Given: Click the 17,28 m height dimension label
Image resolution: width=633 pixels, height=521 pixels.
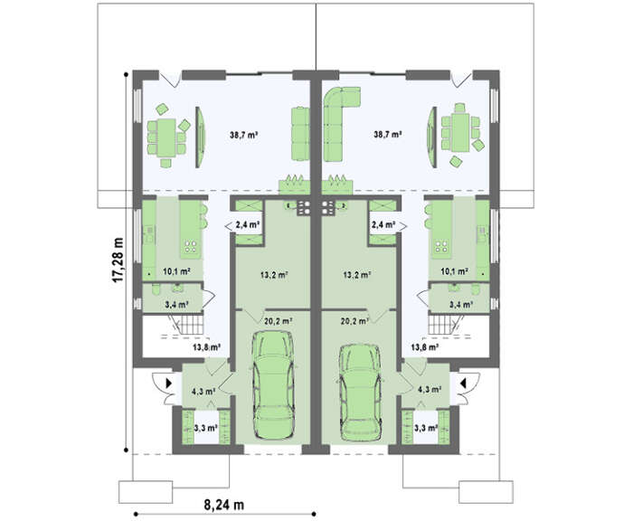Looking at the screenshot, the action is tap(118, 260).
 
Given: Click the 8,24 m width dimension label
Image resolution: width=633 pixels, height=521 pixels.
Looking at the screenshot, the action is tap(224, 505).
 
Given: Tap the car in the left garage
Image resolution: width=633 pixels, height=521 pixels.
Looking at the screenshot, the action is tap(273, 385).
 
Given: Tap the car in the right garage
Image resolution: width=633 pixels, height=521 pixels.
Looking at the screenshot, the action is tap(360, 393).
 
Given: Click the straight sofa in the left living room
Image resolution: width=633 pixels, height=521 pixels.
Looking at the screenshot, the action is tap(300, 134).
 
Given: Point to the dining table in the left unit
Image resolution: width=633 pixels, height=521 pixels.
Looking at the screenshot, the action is tap(166, 137).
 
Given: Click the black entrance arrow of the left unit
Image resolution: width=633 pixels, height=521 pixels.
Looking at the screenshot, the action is tap(169, 383).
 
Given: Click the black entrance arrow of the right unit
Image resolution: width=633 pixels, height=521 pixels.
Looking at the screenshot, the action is tap(464, 383).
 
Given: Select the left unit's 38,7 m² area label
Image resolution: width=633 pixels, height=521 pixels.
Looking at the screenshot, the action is tap(244, 135).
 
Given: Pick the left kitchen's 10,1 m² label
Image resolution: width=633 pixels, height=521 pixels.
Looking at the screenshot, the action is tap(177, 271).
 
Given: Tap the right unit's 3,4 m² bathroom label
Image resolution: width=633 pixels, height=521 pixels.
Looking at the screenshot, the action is tap(461, 305).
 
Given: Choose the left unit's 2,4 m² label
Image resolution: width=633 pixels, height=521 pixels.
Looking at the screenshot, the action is tap(247, 225).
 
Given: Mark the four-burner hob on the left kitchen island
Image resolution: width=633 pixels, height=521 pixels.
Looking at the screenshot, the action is tap(191, 247).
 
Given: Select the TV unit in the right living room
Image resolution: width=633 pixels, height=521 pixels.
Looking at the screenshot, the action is tap(432, 137).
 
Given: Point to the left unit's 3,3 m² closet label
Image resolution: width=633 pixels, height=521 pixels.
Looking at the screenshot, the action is tap(206, 428).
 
